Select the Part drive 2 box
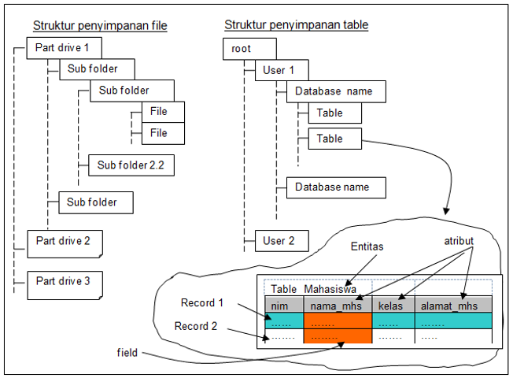[65, 240]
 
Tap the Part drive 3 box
[65, 281]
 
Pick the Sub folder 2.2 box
[131, 165]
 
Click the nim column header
[283, 304]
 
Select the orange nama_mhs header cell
[337, 304]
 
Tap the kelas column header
[393, 304]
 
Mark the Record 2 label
[197, 326]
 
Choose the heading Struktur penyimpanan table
[297, 25]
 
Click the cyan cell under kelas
[393, 321]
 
